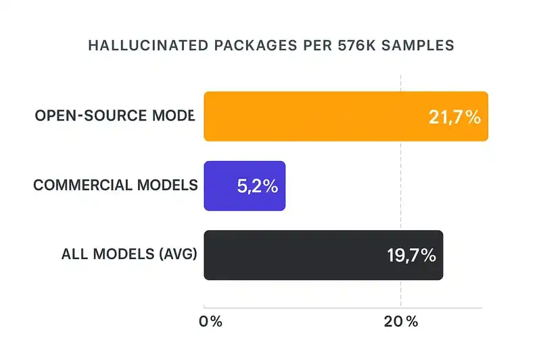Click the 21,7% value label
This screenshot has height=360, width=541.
[x=454, y=117]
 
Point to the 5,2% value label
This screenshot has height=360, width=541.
[x=257, y=186]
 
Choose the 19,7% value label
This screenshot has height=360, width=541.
[x=411, y=256]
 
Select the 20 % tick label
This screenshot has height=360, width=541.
[x=402, y=322]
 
